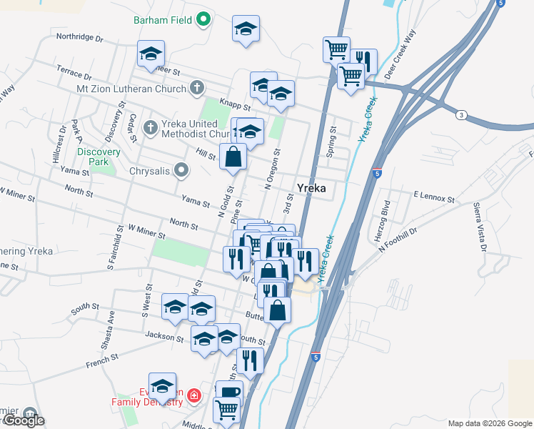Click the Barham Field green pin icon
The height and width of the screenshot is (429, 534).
[x=203, y=20]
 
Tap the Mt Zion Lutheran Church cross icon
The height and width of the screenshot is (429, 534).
[x=198, y=89]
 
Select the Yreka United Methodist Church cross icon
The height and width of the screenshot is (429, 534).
[x=150, y=128]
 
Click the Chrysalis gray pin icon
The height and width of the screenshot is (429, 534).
[x=181, y=170]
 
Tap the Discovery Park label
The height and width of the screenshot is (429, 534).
[x=94, y=157]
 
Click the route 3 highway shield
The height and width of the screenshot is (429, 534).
[x=462, y=115]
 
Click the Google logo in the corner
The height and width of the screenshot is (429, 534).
[x=24, y=420]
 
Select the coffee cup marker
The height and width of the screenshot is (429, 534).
[x=229, y=392]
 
